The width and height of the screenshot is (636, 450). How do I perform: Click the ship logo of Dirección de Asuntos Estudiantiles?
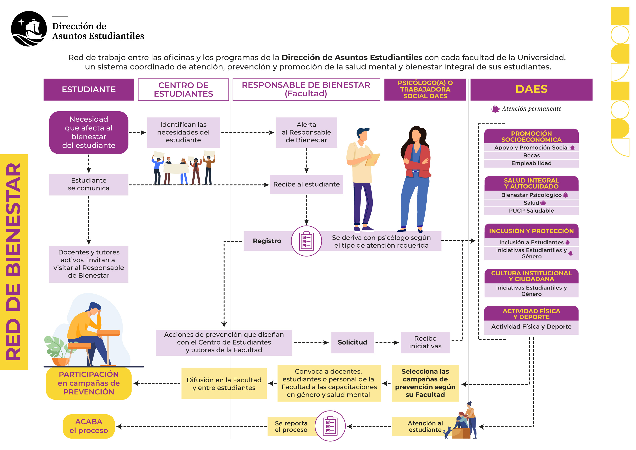pos(29,29)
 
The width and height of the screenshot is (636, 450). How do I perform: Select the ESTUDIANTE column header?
pos(89,90)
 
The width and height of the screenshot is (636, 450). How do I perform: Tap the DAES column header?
pos(531,89)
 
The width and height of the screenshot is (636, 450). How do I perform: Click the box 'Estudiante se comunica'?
pos(89,185)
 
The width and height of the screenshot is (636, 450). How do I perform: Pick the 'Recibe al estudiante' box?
pos(306,185)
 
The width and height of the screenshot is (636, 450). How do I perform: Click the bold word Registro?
pos(267,241)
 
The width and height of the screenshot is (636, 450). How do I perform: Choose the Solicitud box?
pos(352,342)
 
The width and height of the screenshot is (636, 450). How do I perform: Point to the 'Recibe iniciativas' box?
pos(425,342)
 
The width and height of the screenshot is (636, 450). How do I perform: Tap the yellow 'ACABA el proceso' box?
pos(89,426)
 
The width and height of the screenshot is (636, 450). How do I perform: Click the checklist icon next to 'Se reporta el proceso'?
pos(330,426)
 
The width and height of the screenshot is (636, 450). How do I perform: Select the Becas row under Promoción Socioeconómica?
pos(531,155)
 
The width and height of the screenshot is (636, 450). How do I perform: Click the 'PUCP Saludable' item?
pos(531,211)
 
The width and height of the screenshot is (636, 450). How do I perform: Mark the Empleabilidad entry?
pos(531,163)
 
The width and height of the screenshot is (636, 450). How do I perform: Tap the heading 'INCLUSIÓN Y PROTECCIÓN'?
pos(531,231)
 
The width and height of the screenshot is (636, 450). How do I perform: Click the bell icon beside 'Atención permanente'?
pos(495,109)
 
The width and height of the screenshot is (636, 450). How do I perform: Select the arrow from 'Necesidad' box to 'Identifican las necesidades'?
pos(137,133)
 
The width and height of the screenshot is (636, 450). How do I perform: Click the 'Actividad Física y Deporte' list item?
pos(531,327)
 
